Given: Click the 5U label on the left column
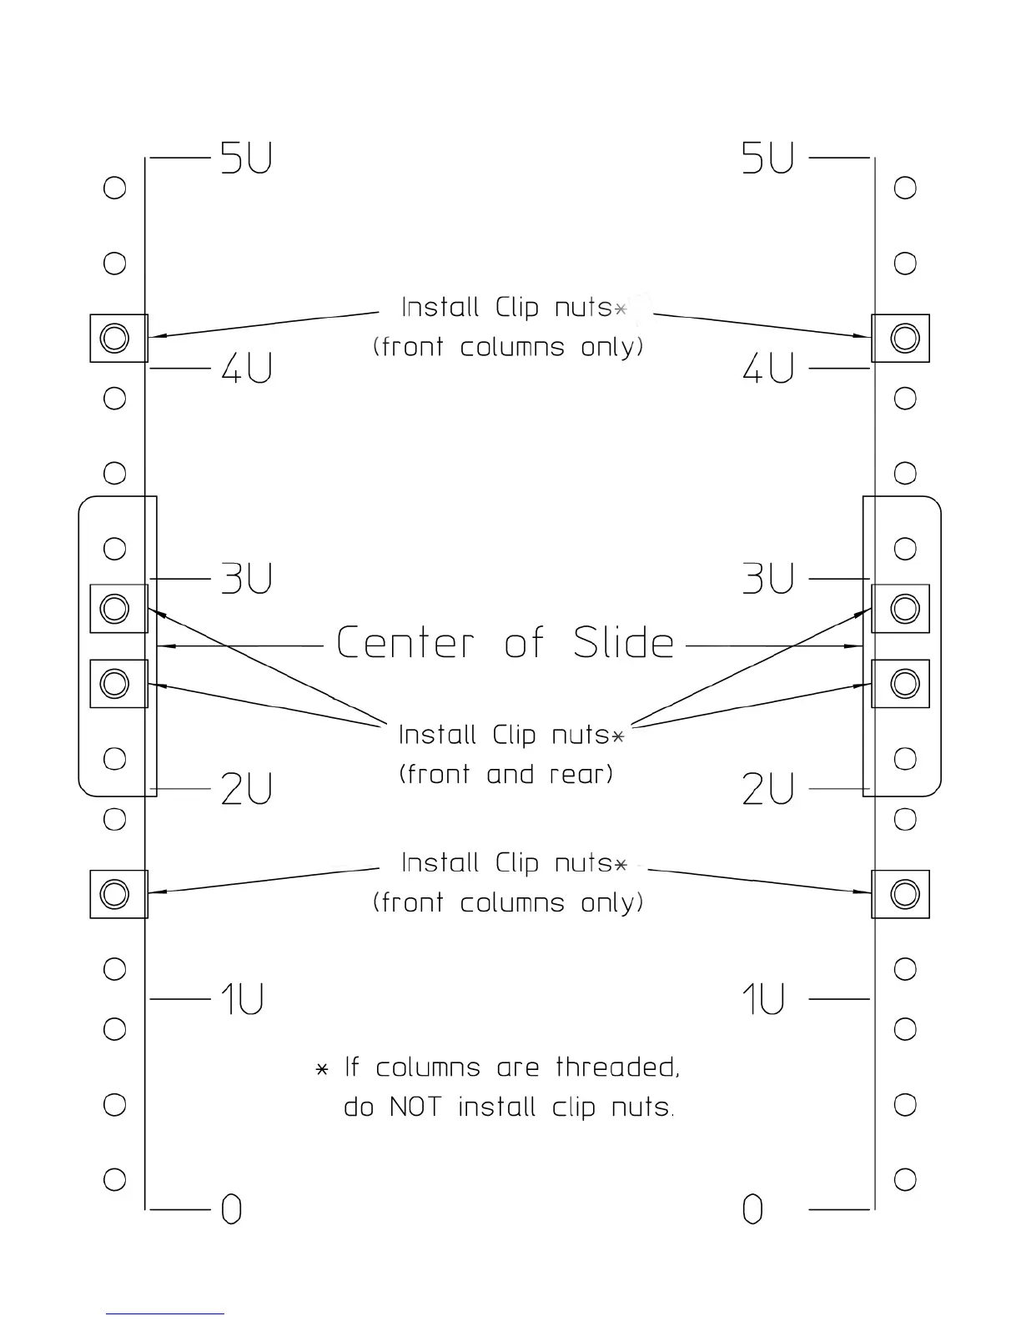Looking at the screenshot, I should tap(246, 158).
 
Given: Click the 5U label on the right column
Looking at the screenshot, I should tap(767, 158).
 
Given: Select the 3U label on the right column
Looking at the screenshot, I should tap(767, 578).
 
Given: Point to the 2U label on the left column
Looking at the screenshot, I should tap(247, 789).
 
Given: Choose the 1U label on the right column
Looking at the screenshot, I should tap(763, 998).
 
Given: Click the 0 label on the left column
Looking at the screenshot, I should tap(231, 1208).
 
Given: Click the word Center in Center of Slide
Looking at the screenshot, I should tap(405, 643).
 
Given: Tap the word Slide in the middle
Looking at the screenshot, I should tap(623, 643).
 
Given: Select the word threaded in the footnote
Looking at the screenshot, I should tap(617, 1067).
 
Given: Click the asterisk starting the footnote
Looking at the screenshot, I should tap(322, 1069).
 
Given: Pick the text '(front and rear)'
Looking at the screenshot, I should tap(505, 774).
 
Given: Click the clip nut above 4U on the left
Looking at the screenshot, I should tap(115, 338).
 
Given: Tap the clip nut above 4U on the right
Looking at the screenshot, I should tap(904, 338).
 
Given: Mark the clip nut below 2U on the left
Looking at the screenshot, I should tap(115, 894).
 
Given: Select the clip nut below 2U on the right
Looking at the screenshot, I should tap(904, 894).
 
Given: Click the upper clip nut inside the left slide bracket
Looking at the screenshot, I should tap(115, 608).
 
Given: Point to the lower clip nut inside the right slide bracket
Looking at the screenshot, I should tap(904, 684).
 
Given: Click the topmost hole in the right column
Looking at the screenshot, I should tap(905, 188).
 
